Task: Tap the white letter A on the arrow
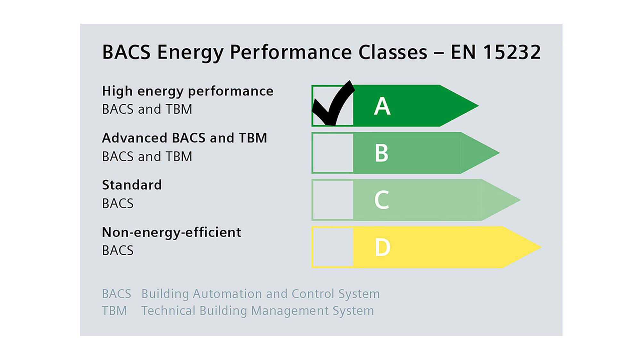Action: point(382,106)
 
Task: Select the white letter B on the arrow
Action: point(381,153)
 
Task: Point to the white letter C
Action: point(382,200)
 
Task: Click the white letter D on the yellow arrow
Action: point(382,247)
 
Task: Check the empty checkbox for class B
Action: point(333,153)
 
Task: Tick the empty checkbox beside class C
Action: point(333,200)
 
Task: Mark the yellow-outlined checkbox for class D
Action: point(333,247)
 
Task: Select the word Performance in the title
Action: point(291,53)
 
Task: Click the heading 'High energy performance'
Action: point(188,91)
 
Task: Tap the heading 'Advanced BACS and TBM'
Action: point(185,138)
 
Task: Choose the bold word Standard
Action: point(132,185)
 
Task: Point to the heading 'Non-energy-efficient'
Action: point(171,232)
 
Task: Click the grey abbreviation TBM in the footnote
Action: point(114,311)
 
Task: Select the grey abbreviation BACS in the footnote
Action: point(117,294)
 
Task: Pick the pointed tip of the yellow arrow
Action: point(541,247)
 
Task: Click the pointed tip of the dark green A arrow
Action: point(479,106)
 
